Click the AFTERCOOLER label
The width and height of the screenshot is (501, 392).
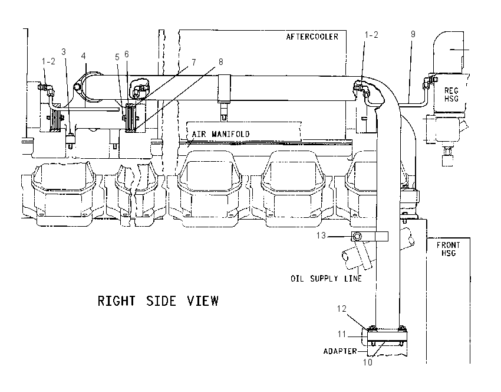[x=312, y=37]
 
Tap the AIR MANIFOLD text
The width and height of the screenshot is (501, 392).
[x=220, y=134]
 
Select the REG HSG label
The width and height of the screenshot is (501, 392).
[x=451, y=94]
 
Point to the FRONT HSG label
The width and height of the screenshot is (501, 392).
[x=449, y=249]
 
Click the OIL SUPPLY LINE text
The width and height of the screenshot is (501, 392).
[x=326, y=279]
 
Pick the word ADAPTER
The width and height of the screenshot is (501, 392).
[x=340, y=351]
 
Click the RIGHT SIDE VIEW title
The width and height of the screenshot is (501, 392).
[x=158, y=301]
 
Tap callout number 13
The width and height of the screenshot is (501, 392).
[x=321, y=236]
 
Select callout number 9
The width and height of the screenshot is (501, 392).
[x=413, y=34]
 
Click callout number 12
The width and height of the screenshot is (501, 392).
[x=341, y=309]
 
